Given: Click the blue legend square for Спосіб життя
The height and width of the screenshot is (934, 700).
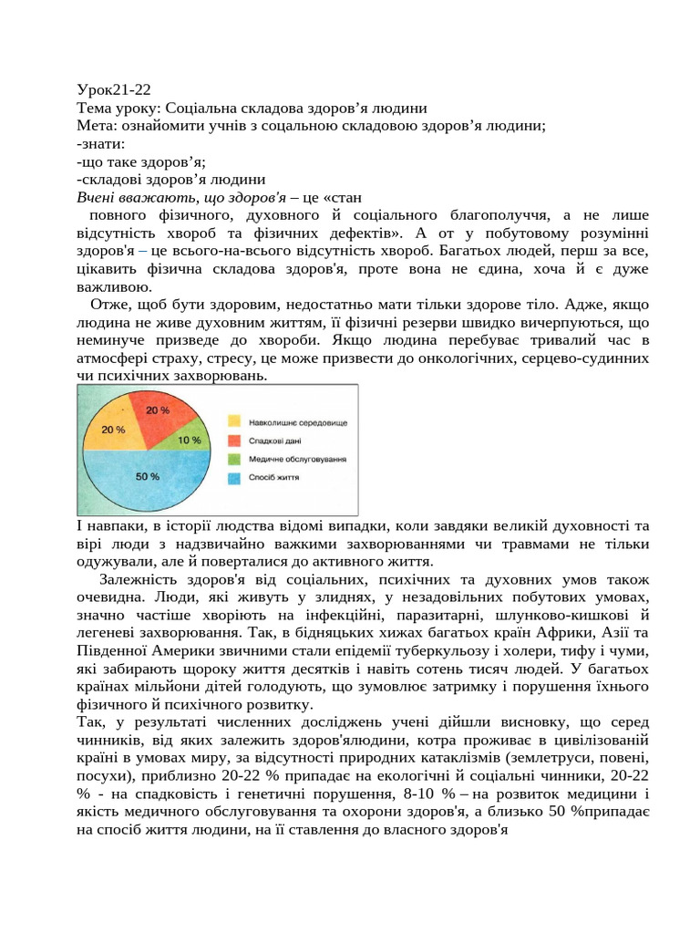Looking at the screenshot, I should click(x=234, y=477).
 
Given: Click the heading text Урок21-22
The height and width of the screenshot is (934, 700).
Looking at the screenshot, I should click(x=114, y=89).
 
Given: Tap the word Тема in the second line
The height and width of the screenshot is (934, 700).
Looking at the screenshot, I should click(x=95, y=108).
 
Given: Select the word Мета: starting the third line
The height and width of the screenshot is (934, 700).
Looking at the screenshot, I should click(x=96, y=126).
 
